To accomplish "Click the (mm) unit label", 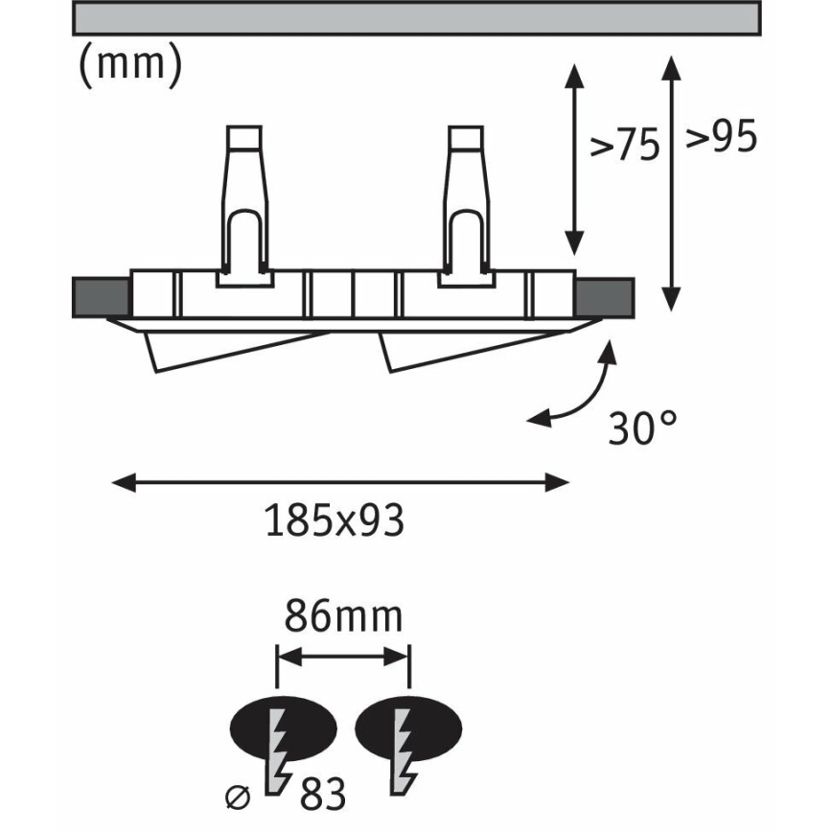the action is (x=130, y=65).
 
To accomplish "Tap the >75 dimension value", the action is (x=625, y=144).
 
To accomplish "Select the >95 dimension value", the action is (x=721, y=136).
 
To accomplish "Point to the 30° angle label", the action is (x=642, y=428).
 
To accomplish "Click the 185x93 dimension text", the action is (x=335, y=520).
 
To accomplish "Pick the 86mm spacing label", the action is (x=344, y=616).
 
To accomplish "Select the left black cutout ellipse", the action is (x=284, y=728).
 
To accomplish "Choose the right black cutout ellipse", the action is (x=408, y=728).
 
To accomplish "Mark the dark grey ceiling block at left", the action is (x=101, y=298).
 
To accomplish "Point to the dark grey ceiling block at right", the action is (x=605, y=298).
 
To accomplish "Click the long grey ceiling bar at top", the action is (x=417, y=18).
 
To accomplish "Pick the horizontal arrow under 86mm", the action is (x=343, y=657).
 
